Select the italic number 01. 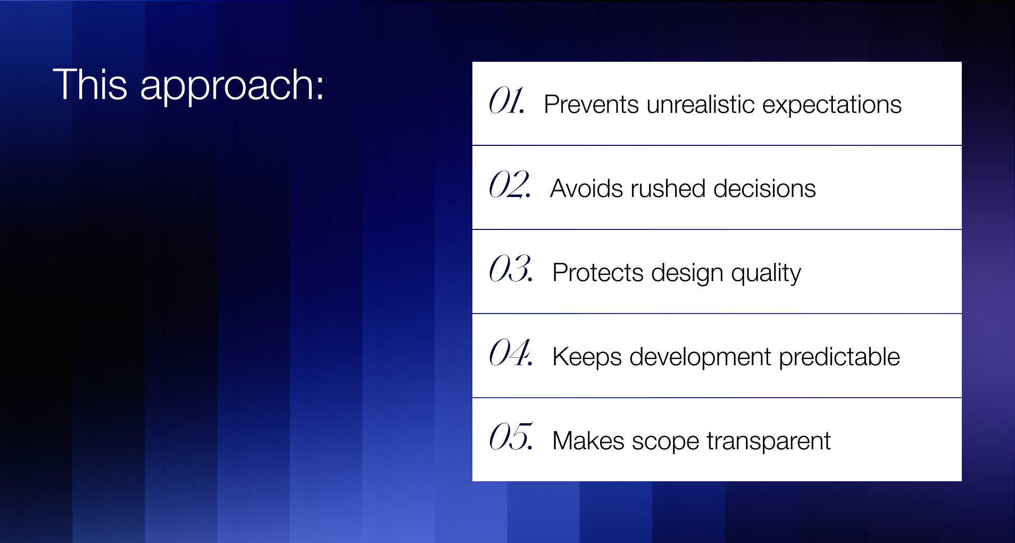point(507,101)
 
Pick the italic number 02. point(510,184)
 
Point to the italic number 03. point(511,268)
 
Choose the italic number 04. point(511,352)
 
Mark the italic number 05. point(511,437)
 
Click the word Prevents point(591,104)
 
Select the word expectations point(832,106)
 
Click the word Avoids point(586,188)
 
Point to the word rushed point(668,188)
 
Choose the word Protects point(598,273)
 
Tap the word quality point(766,274)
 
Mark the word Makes point(588,441)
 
